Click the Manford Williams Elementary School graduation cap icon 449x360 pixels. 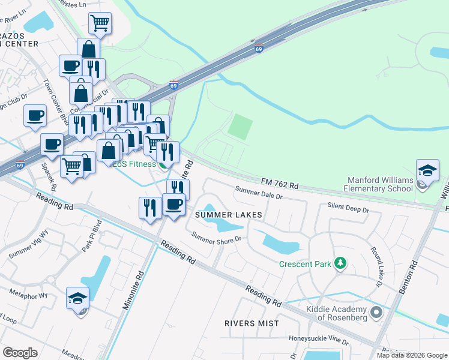[x=427, y=170]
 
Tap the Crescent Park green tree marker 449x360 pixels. [x=340, y=263]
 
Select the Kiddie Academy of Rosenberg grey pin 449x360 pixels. [x=376, y=312]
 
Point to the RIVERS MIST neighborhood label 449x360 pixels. [x=252, y=323]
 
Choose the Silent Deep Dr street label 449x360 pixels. [x=349, y=207]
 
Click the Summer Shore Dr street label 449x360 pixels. [x=216, y=237]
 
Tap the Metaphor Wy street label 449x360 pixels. [x=28, y=295]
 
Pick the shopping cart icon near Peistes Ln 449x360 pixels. [x=100, y=24]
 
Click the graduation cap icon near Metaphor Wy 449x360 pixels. [x=78, y=298]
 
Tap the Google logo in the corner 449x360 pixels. [x=20, y=352]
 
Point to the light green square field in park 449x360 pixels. [x=240, y=127]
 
